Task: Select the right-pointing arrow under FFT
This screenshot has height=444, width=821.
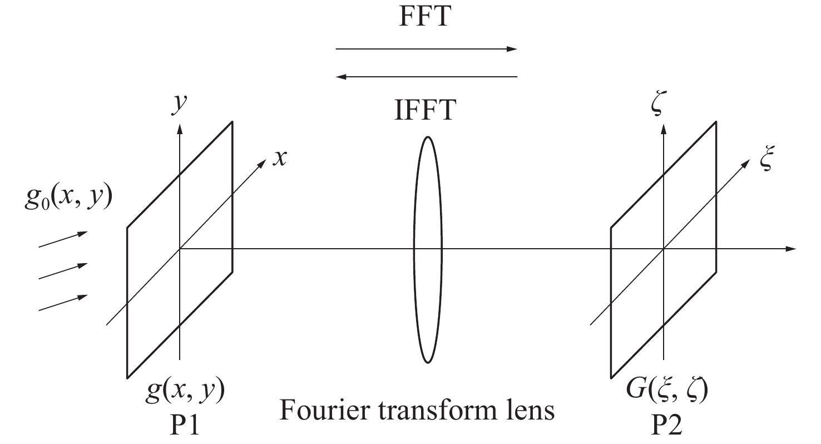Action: [426, 49]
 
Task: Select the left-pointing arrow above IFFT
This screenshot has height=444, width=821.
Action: [426, 77]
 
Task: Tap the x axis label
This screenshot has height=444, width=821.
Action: [281, 158]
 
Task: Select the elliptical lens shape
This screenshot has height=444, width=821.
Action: [427, 249]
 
